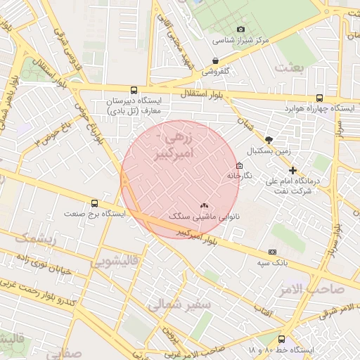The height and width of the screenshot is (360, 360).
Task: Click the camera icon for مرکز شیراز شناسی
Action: click(241, 30)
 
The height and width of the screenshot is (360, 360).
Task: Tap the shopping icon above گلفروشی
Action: click(215, 61)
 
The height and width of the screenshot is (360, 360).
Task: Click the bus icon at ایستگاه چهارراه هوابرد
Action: click(320, 98)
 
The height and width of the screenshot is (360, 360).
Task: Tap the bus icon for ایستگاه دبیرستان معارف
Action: click(134, 90)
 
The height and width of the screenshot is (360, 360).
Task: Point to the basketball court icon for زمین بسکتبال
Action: click(269, 140)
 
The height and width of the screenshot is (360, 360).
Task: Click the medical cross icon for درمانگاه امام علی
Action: click(293, 170)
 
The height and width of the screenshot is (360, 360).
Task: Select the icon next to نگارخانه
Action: click(240, 166)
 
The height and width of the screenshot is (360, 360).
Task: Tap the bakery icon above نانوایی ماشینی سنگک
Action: click(204, 206)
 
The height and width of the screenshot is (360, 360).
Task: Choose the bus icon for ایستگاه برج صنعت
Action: click(95, 203)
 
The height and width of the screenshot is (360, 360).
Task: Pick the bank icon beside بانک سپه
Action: click(272, 252)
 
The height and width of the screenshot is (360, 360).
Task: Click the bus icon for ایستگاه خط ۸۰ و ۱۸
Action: click(282, 339)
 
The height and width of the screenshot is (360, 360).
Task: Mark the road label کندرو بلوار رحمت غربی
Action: click(42, 293)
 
